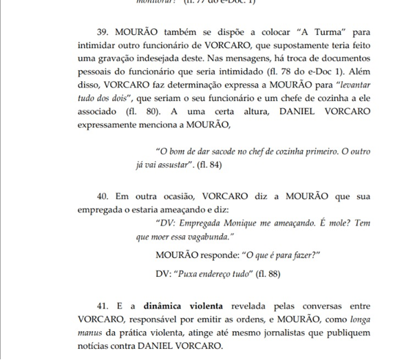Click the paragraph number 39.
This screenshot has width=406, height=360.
[103, 32]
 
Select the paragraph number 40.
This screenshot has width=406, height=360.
[103, 197]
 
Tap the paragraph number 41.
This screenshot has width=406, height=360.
[103, 306]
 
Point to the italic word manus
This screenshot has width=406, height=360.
[89, 333]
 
